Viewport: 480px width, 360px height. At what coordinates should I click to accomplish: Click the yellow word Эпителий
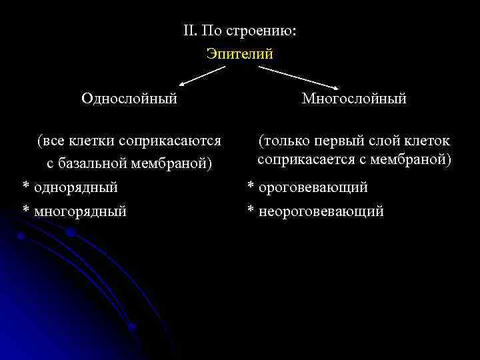240,54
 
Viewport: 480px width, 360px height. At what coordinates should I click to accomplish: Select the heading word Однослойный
129,99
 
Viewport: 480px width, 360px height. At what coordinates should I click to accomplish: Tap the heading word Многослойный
354,99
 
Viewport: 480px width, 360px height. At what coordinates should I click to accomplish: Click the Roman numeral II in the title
189,31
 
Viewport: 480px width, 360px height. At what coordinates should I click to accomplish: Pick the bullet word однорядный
75,187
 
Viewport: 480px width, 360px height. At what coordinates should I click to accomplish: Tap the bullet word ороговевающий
313,187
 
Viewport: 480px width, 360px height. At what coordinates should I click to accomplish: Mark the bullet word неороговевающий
322,211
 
